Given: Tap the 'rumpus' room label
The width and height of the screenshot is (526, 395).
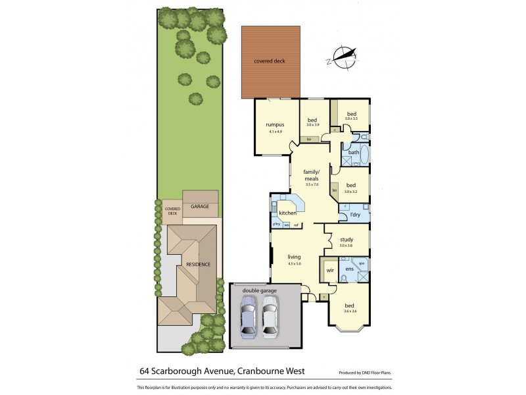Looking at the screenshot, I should pos(275,124).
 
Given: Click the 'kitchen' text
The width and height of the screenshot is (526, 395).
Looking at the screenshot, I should pos(288,213).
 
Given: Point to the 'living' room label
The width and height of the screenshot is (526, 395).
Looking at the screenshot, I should pos(293,257).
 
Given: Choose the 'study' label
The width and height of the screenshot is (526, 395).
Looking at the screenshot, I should pos(346,240).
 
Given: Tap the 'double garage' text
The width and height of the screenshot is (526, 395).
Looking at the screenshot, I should pos(259,290).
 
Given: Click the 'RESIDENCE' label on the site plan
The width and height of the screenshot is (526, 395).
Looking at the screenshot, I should pos(198,264).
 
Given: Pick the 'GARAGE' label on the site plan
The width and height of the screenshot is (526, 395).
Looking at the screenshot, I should pos(200,207).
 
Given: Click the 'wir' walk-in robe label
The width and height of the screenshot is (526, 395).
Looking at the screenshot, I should pos(331,269).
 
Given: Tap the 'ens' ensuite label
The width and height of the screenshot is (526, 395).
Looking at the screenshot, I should pos(350,269).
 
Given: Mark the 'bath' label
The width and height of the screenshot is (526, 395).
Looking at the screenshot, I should pos(354,152).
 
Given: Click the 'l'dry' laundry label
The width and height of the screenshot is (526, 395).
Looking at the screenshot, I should pos(355,215).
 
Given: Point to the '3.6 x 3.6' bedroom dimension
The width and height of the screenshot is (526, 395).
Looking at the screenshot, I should pos(349,311).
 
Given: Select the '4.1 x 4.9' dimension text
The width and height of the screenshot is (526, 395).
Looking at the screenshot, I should pos(275,131).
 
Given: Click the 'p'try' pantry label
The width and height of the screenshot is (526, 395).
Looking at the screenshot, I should pos(277,225).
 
